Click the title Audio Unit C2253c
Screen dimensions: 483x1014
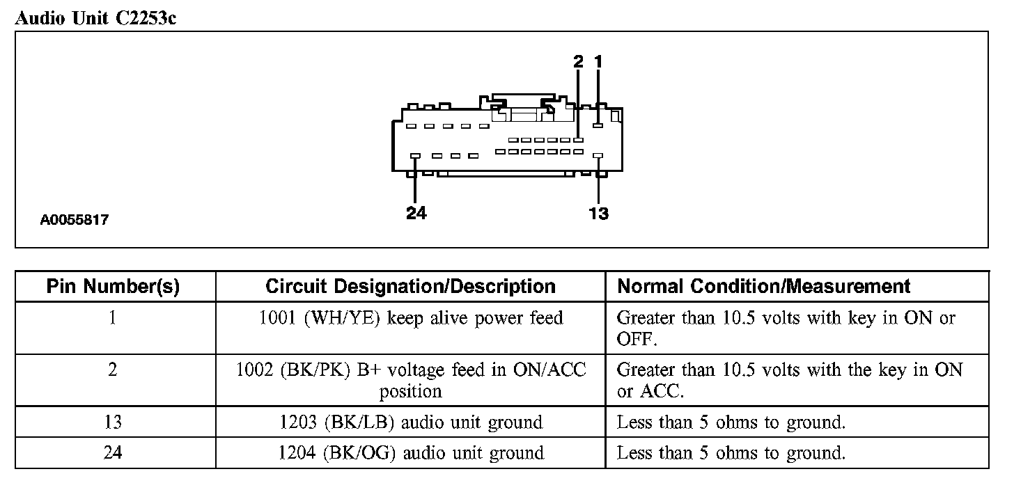click(95, 18)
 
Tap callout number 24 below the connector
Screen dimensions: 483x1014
click(416, 213)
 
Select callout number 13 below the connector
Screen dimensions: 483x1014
click(599, 213)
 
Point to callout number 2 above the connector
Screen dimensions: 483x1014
click(578, 62)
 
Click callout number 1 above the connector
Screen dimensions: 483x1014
click(598, 62)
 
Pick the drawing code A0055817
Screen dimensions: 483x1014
click(75, 220)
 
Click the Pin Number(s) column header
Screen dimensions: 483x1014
click(113, 286)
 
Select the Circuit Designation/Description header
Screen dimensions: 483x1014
click(410, 286)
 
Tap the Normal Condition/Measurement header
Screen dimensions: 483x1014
click(764, 286)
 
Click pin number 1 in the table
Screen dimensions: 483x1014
click(113, 318)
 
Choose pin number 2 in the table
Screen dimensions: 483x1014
click(113, 370)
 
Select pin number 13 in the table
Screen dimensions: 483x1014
click(113, 422)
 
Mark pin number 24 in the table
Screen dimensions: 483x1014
click(113, 453)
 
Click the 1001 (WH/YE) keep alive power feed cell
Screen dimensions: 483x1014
click(410, 319)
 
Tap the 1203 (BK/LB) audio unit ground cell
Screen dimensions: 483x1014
click(410, 422)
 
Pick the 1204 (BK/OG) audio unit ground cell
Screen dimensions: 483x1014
click(410, 453)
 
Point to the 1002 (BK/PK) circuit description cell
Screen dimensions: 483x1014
click(410, 380)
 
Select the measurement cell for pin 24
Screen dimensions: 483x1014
click(731, 453)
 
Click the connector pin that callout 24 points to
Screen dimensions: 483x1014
click(415, 155)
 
